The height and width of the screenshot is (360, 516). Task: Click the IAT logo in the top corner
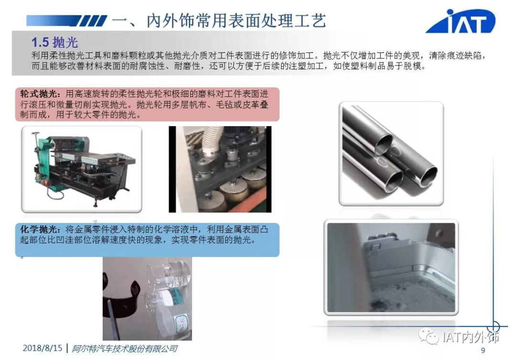click(x=461, y=21)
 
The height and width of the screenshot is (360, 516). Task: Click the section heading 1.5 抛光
click(x=54, y=42)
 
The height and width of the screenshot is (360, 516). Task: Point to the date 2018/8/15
click(x=43, y=348)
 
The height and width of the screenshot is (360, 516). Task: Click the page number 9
click(x=483, y=350)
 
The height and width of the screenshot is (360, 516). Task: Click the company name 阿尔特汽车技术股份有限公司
click(x=124, y=349)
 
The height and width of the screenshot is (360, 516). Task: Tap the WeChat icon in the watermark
click(x=428, y=337)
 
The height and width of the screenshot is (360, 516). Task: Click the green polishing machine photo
click(x=82, y=169)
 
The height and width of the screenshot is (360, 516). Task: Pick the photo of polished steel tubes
click(x=391, y=154)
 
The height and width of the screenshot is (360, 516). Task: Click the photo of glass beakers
click(x=147, y=298)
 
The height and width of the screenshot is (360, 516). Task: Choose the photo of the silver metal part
click(x=391, y=267)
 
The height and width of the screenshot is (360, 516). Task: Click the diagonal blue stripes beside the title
click(x=93, y=21)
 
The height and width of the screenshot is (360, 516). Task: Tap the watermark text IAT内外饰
click(x=471, y=337)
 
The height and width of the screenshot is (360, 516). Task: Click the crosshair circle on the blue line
click(x=493, y=327)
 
